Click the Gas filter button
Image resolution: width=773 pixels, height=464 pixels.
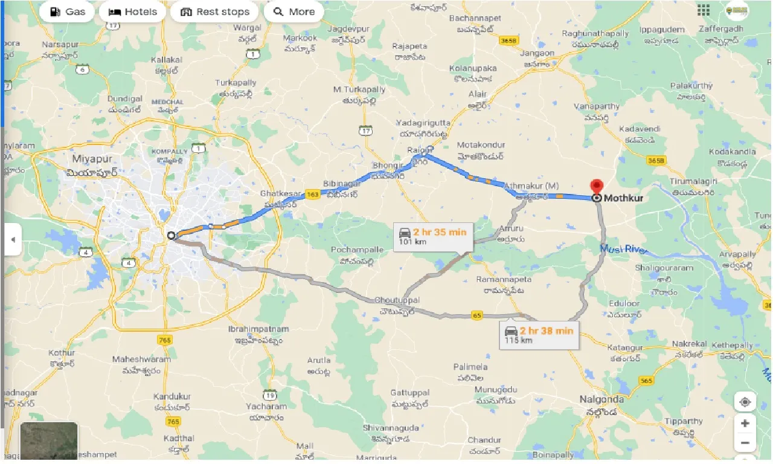tap(68, 12)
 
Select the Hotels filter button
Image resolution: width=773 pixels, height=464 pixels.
tap(132, 12)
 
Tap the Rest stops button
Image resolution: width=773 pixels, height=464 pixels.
tap(214, 12)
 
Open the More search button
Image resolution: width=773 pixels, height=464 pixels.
tap(293, 12)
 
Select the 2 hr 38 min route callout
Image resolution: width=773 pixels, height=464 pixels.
tap(539, 334)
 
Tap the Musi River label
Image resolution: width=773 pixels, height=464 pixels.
tap(623, 249)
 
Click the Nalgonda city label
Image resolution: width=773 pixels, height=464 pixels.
tap(601, 400)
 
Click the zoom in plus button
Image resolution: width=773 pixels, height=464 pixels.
tap(745, 424)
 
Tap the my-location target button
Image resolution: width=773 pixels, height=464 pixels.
tap(745, 402)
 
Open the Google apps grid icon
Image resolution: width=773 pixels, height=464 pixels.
tap(703, 10)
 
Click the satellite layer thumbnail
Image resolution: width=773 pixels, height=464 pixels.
tap(49, 440)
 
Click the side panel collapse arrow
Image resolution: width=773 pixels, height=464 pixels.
tap(12, 239)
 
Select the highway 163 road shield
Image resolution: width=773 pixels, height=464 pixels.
tap(312, 195)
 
